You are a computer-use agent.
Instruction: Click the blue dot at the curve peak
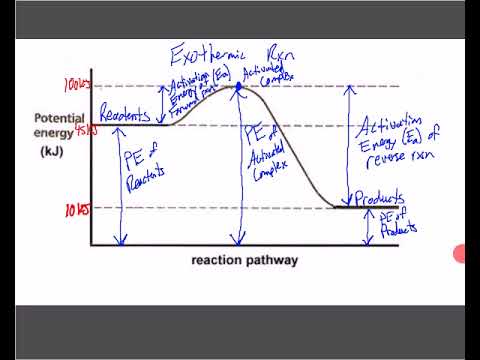click(238, 87)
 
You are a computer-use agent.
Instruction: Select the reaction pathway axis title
click(245, 260)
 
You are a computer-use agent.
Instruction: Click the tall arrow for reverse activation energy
click(347, 145)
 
